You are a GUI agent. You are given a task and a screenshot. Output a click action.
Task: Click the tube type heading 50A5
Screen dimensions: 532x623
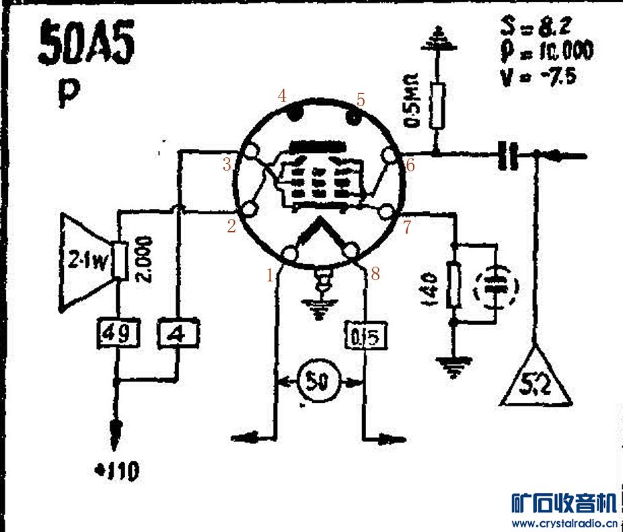coord(86,44)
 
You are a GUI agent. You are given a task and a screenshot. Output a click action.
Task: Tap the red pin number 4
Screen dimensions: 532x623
coord(283,96)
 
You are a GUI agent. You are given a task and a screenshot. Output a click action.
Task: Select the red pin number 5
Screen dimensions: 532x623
coord(361,101)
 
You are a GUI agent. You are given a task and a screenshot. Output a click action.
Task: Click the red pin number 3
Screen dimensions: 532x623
coord(227,165)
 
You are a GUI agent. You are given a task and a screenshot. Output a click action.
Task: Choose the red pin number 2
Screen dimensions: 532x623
coord(231,227)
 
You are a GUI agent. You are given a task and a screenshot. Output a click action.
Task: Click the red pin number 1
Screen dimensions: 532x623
coord(270,275)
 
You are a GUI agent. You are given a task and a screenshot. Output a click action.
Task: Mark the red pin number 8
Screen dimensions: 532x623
coord(375,274)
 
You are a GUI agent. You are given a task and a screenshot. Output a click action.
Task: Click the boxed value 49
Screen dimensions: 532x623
coord(118,333)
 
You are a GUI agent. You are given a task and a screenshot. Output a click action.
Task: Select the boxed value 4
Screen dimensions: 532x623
coord(178,333)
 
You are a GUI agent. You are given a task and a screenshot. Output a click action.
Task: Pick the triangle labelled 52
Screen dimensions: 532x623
coord(536,384)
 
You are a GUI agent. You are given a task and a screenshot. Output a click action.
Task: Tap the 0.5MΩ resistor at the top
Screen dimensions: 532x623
coord(438,106)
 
